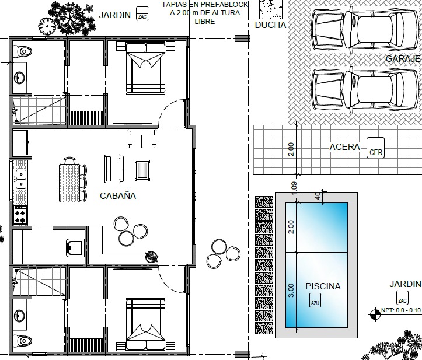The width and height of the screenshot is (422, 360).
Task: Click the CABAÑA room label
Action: pyautogui.click(x=118, y=196)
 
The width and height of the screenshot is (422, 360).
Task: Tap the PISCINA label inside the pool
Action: pyautogui.click(x=323, y=286)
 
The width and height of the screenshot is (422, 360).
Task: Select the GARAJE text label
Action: pyautogui.click(x=403, y=59)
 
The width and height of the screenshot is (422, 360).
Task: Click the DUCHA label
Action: pyautogui.click(x=271, y=25)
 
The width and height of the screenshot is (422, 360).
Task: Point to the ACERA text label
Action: pyautogui.click(x=344, y=147)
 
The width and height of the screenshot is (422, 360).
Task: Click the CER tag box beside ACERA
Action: pyautogui.click(x=375, y=148)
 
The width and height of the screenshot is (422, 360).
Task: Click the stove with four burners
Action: pyautogui.click(x=20, y=215)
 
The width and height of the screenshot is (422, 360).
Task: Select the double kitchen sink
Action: pyautogui.click(x=20, y=179)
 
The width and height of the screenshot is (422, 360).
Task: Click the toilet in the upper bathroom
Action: pyautogui.click(x=21, y=51)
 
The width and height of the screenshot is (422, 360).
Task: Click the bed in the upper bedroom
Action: pyautogui.click(x=145, y=71)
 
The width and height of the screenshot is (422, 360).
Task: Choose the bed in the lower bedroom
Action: pyautogui.click(x=145, y=324)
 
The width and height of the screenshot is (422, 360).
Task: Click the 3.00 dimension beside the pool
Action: pyautogui.click(x=291, y=290)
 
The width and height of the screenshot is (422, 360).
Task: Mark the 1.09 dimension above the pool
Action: pyautogui.click(x=294, y=187)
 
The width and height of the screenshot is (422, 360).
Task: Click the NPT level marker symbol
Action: pyautogui.click(x=373, y=316)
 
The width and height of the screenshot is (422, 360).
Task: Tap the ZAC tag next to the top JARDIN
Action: pyautogui.click(x=142, y=14)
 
